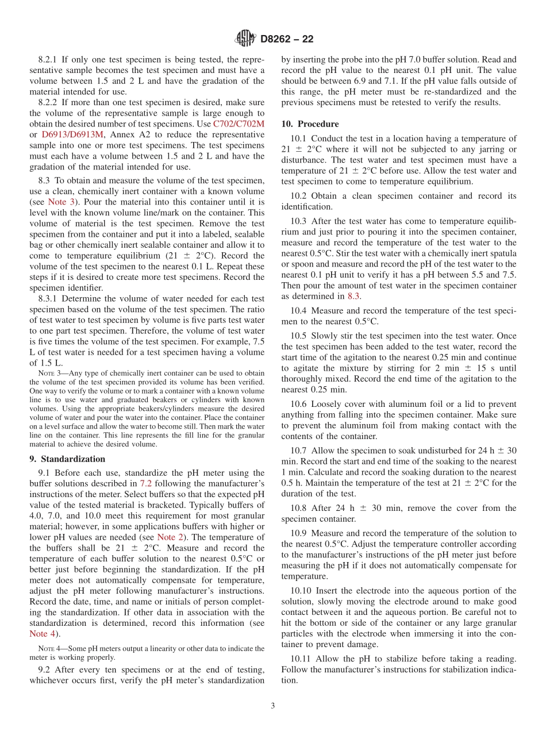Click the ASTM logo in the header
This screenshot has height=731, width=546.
[x=245, y=39]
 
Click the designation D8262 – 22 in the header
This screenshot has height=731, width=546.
[x=287, y=40]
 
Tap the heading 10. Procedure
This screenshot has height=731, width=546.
[x=310, y=124]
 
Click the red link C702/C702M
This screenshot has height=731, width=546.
[x=239, y=124]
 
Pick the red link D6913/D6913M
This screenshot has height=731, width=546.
[x=72, y=134]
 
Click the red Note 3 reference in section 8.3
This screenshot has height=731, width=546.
[x=56, y=202]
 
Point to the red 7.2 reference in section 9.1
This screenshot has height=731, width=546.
[x=146, y=483]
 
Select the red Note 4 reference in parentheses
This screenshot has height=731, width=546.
[x=43, y=633]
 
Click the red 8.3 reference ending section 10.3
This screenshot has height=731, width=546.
[x=353, y=296]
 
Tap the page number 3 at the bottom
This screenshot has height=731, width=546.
[x=273, y=706]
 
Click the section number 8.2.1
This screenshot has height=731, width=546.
[x=49, y=59]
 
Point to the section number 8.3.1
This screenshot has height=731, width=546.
[x=49, y=299]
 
